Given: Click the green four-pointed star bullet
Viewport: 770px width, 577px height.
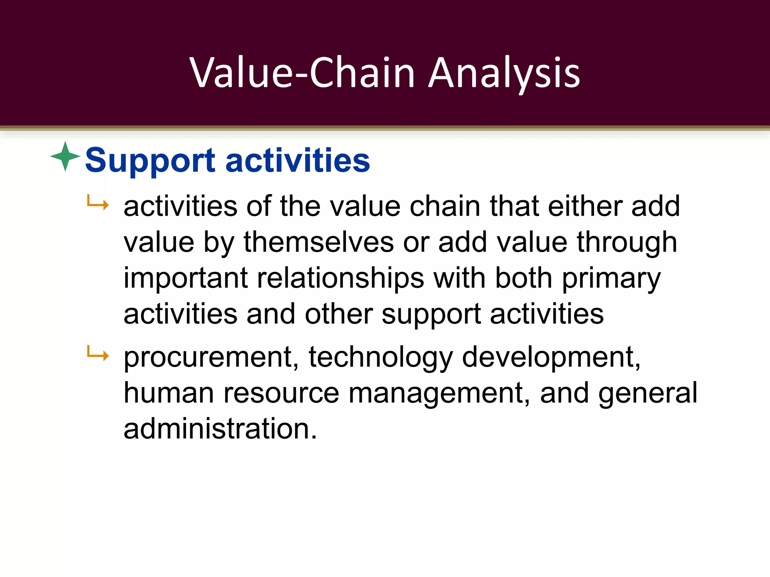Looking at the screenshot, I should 65,156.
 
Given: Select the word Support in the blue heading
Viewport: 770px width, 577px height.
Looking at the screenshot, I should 150,161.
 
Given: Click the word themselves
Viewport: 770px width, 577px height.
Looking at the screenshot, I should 319,242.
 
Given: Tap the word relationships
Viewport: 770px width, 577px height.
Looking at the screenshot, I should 340,278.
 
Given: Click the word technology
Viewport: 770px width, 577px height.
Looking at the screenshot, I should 380,357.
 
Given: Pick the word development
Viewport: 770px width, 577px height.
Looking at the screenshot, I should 551,357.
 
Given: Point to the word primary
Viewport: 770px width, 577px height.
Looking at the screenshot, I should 611,279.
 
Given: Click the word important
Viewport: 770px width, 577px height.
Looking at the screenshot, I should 185,278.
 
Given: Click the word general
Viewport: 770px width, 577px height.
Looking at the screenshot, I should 647,393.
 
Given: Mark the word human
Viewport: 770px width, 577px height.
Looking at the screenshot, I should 169,393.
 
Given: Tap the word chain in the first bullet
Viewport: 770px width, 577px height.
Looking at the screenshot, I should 445,206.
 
